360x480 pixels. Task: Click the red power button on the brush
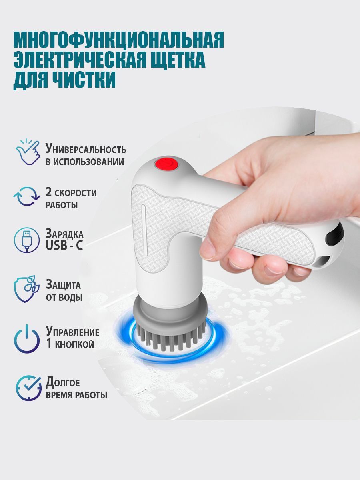[166, 163]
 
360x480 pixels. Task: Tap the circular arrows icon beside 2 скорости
[26, 196]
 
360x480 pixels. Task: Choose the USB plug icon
[27, 240]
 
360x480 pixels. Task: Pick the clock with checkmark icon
[29, 388]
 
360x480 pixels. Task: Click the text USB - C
[64, 245]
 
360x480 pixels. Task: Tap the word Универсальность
[86, 148]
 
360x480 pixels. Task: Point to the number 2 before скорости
[48, 192]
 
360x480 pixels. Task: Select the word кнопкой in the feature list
[74, 344]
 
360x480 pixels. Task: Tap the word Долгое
[63, 383]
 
